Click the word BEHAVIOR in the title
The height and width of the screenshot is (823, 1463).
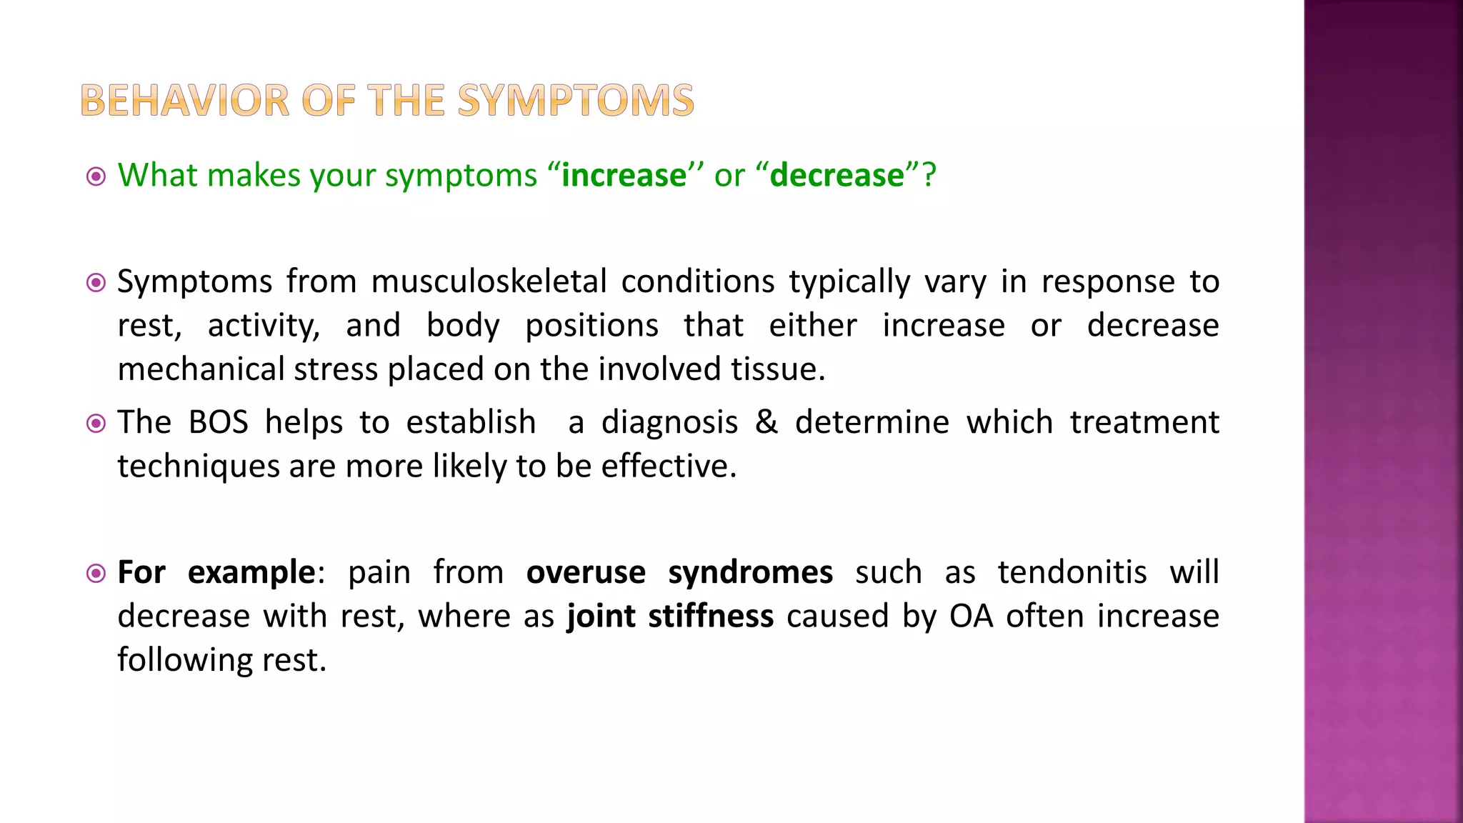point(185,100)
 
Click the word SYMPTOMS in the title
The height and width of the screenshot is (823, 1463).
point(575,100)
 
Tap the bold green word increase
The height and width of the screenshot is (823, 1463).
point(624,176)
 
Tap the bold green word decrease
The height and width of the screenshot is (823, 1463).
point(837,176)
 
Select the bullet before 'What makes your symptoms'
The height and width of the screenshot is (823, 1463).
point(96,176)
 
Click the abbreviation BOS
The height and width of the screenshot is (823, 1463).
point(218,422)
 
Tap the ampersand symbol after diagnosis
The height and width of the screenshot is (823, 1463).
point(766,422)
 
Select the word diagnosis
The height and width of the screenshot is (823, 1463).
point(669,422)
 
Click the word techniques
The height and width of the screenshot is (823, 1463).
point(198,467)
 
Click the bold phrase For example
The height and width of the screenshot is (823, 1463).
point(216,573)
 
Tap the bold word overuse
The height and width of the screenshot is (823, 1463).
point(586,573)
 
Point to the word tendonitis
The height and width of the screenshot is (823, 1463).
point(1072,573)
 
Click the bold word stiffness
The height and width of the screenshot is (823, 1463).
point(710,617)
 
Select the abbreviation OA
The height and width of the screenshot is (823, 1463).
point(971,617)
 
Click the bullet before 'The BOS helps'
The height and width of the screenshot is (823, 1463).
point(96,424)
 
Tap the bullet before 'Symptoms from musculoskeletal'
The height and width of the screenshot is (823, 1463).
point(96,283)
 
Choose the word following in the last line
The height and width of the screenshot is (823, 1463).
point(184,660)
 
